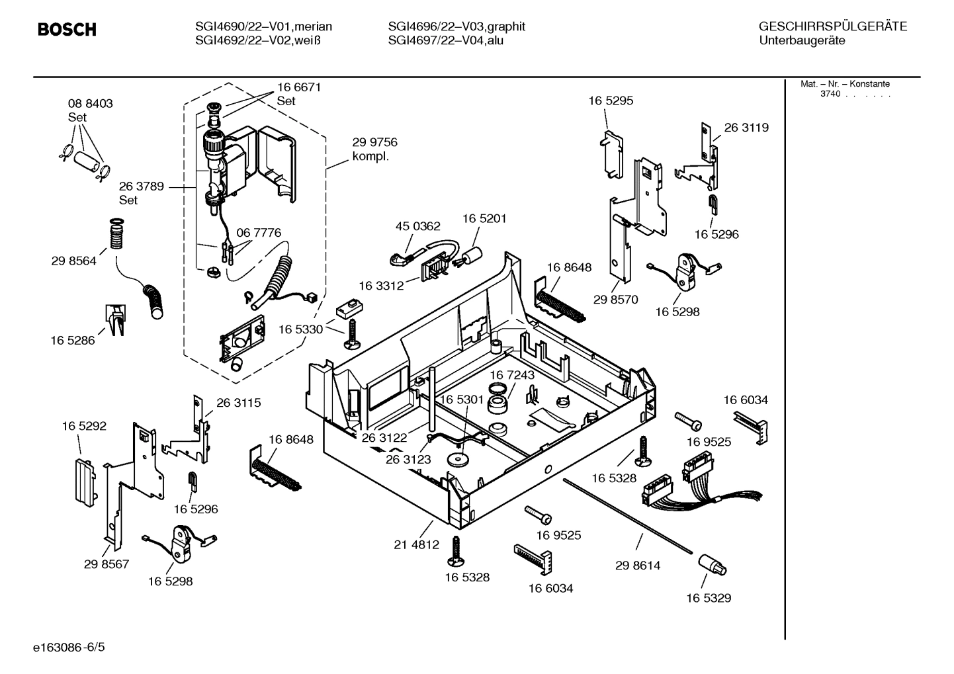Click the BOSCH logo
click(67, 30)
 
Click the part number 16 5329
click(708, 598)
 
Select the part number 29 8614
click(638, 566)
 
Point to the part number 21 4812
click(416, 544)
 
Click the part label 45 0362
click(417, 226)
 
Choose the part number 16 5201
click(484, 218)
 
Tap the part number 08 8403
click(91, 104)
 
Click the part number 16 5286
click(72, 341)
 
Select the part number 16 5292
click(84, 427)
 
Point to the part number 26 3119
click(746, 128)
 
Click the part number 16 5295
click(611, 101)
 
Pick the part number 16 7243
click(512, 375)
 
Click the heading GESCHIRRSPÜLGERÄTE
click(832, 26)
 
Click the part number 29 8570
click(615, 300)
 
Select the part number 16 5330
click(300, 329)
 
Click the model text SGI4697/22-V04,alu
click(446, 40)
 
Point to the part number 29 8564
click(73, 261)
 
